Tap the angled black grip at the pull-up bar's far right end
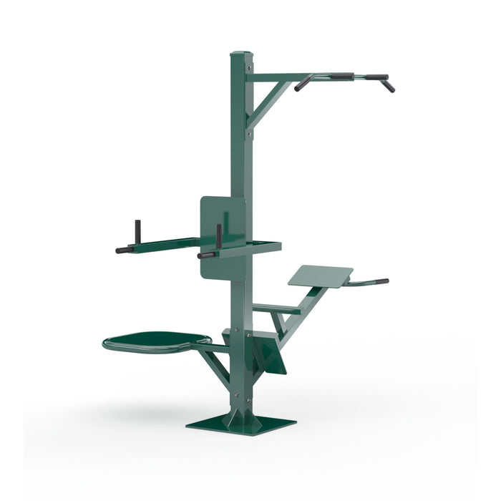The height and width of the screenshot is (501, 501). (x=388, y=85)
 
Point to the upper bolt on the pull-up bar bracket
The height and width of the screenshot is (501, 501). (x=248, y=69)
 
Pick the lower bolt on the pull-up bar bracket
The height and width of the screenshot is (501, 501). (x=248, y=130)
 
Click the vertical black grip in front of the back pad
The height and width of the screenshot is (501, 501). (x=218, y=236)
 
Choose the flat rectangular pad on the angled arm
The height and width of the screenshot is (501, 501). (x=321, y=276)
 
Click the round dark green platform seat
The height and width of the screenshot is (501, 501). (x=157, y=339)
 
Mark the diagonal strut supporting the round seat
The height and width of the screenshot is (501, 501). (x=215, y=364)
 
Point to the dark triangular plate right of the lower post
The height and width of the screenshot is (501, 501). (x=270, y=354)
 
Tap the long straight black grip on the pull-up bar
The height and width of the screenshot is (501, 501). (x=341, y=74)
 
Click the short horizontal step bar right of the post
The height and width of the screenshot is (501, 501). (x=276, y=308)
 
